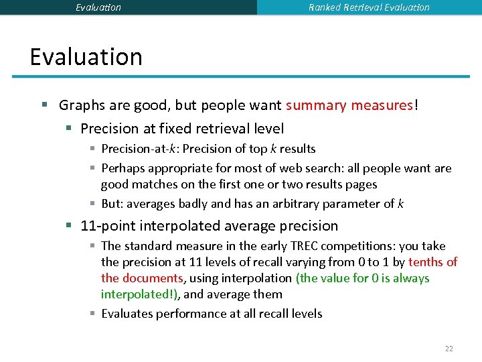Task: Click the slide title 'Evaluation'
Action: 86,57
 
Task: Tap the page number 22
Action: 449,349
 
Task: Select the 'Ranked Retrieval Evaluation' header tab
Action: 369,7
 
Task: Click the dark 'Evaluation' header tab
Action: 98,7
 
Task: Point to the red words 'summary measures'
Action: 349,105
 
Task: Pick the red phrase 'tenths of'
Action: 432,262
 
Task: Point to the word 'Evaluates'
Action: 127,314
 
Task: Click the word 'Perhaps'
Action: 123,168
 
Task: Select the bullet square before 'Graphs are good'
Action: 44,105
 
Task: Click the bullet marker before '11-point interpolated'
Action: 68,226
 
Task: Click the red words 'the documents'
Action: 142,278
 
